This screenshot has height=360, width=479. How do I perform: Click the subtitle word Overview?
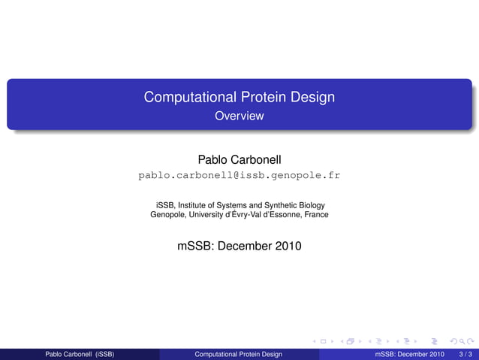239,116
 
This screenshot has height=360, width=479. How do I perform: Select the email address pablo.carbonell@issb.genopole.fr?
239,176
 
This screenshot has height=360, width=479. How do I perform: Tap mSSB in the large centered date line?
194,245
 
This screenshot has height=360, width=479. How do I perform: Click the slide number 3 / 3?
465,354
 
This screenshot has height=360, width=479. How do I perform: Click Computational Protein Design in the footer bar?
238,354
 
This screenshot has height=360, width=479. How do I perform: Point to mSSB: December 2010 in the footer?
409,354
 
